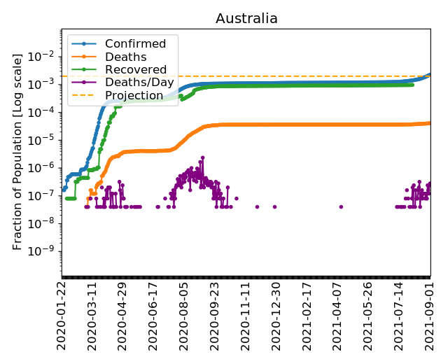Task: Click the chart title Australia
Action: (246, 19)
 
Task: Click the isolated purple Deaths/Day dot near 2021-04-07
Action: (341, 206)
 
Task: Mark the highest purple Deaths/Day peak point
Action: (202, 157)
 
